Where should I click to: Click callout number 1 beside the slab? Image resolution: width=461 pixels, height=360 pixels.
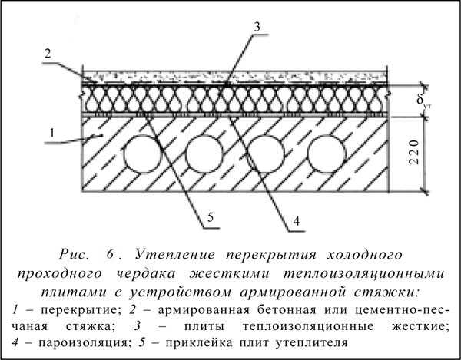[x=52, y=134]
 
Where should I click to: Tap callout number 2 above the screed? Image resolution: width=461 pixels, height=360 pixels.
[x=48, y=54]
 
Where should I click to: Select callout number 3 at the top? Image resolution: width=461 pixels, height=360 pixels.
[x=257, y=27]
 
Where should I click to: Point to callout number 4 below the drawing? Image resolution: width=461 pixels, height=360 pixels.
[x=297, y=221]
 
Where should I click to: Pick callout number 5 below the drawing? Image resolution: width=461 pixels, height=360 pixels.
[x=211, y=217]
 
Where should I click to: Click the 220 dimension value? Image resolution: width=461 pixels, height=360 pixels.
[x=413, y=153]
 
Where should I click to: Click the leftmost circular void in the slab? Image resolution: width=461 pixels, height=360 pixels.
[x=143, y=154]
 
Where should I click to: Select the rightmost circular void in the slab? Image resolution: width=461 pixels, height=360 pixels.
[x=327, y=154]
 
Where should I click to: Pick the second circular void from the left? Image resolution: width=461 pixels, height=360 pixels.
[x=204, y=154]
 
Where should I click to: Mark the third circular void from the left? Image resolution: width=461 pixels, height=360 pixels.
[x=266, y=154]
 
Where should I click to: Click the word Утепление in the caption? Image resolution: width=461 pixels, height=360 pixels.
[x=175, y=255]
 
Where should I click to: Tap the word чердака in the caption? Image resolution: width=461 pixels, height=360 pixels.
[x=146, y=274]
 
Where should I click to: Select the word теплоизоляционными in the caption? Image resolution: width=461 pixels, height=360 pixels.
[x=364, y=274]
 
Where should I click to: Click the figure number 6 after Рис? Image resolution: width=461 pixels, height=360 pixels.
[x=110, y=254]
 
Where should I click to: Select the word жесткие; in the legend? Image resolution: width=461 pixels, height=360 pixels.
[x=421, y=326]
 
